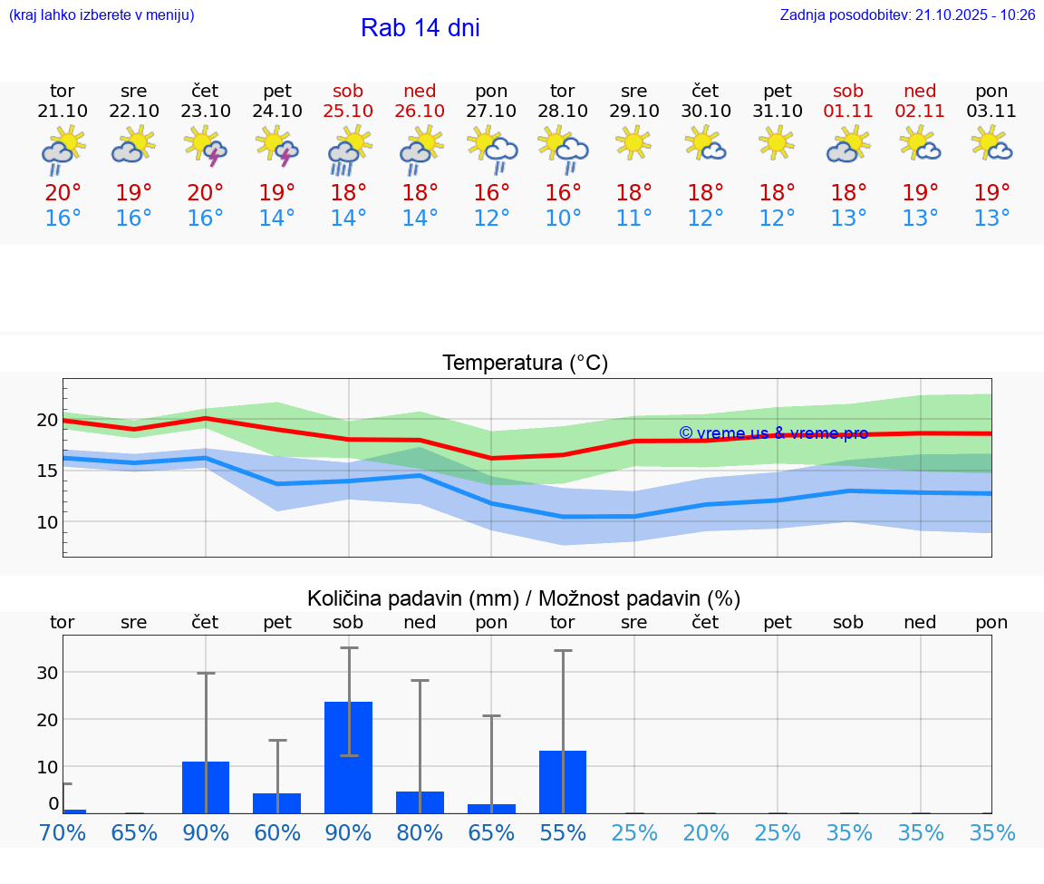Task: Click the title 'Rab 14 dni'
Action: (x=420, y=28)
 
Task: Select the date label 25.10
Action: (x=348, y=111)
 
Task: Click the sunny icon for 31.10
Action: (x=777, y=143)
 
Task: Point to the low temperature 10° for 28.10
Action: (x=563, y=219)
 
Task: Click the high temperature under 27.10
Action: (x=491, y=192)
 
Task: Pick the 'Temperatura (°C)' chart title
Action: (x=525, y=363)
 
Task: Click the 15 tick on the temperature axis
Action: (x=46, y=470)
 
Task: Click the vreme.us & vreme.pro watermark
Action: (x=773, y=433)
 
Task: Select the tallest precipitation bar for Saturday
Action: (x=349, y=756)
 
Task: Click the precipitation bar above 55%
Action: (x=563, y=781)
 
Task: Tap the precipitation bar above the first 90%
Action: (x=206, y=786)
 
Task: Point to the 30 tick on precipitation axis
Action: (x=47, y=672)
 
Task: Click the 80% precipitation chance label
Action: (x=420, y=832)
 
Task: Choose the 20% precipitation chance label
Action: (x=706, y=832)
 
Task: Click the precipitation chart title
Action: (x=524, y=598)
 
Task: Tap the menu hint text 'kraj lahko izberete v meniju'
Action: (x=101, y=15)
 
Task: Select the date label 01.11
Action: (x=848, y=111)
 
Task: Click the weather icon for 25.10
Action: (x=349, y=150)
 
